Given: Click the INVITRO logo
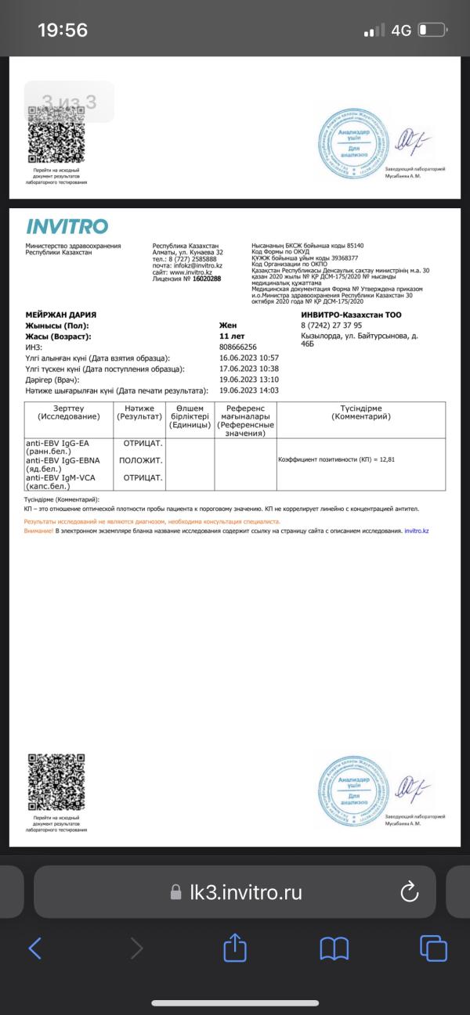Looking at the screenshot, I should [67, 227].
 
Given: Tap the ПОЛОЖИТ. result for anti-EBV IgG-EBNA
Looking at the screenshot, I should [141, 459].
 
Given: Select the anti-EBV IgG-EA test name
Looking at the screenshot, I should [57, 443].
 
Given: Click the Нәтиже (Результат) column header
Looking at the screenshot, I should [139, 412].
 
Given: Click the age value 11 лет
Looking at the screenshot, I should [233, 336].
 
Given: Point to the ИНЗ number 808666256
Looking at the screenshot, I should [238, 347].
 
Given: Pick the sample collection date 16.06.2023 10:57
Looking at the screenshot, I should [249, 358].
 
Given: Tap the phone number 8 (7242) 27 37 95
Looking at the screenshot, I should [331, 326].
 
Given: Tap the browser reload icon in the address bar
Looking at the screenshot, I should [409, 892].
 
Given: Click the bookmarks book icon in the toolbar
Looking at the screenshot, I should [334, 948].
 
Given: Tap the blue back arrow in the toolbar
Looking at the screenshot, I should [35, 948].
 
